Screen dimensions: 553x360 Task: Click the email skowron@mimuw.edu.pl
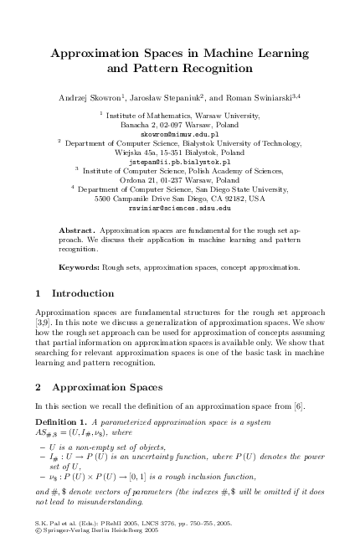click(x=179, y=133)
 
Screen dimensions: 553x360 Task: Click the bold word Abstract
click(x=77, y=228)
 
